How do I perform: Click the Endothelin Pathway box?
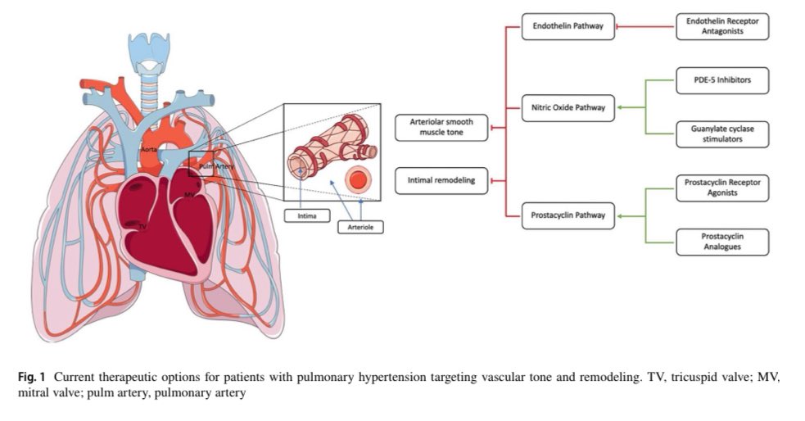(568, 26)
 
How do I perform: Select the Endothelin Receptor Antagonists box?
(722, 26)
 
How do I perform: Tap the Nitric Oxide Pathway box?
(568, 107)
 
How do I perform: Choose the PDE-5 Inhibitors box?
(722, 80)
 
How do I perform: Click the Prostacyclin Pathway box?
(568, 215)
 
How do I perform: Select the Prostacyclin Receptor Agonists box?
(722, 188)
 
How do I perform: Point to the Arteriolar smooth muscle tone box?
(441, 127)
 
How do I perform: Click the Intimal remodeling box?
(441, 180)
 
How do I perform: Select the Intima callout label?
(301, 216)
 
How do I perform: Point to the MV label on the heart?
(189, 194)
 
